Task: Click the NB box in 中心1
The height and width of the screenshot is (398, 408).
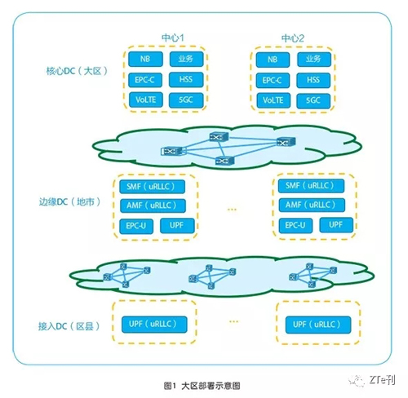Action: click(145, 59)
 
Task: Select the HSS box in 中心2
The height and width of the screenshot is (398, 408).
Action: click(313, 80)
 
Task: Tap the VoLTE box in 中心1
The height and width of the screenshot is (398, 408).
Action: click(145, 99)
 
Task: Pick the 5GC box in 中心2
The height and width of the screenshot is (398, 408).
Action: click(313, 100)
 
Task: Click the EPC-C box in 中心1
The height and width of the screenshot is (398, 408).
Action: click(145, 80)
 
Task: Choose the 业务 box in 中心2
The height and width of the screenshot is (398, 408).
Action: click(314, 60)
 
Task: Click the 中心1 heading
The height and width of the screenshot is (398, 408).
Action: click(173, 38)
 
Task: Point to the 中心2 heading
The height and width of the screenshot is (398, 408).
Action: click(293, 38)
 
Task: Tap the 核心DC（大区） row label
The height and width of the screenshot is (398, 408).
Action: click(77, 71)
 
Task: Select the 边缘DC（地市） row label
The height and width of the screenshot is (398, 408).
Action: click(69, 201)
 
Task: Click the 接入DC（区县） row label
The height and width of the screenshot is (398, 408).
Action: click(69, 326)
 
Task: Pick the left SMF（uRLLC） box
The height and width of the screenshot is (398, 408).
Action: click(152, 187)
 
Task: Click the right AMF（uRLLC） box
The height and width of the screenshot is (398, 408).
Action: click(312, 205)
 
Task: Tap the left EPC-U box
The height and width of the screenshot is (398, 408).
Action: click(136, 226)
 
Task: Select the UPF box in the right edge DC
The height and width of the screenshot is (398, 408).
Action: click(336, 225)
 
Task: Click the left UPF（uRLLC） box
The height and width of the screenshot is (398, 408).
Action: click(154, 325)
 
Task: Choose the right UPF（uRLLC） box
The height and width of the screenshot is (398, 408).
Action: click(318, 325)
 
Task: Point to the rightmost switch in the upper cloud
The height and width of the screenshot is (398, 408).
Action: click(286, 142)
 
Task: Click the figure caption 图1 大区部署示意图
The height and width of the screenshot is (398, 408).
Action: click(202, 386)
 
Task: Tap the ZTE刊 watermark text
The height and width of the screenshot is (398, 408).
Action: click(382, 379)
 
